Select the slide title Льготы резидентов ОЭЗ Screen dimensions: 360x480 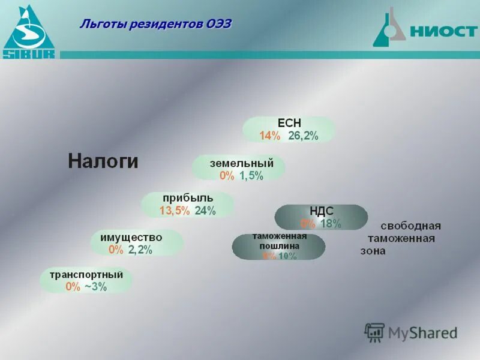(x=155, y=24)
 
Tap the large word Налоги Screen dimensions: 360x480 (x=103, y=161)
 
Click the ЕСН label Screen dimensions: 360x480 (x=289, y=123)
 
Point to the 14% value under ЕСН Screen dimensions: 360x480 (x=269, y=136)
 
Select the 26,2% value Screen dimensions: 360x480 (x=303, y=136)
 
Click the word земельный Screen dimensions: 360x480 (x=241, y=163)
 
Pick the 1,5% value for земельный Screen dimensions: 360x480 (x=251, y=176)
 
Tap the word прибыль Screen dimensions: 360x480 (x=187, y=197)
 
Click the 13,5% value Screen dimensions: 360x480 (x=174, y=211)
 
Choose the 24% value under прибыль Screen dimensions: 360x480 (x=205, y=211)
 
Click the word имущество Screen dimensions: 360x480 (x=135, y=237)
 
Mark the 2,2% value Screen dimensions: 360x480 (x=140, y=250)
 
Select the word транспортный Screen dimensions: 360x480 (x=86, y=275)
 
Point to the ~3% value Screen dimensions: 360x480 (x=95, y=287)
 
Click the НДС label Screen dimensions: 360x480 (x=321, y=211)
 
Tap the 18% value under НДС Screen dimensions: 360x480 (x=331, y=224)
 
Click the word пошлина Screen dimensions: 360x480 (x=278, y=245)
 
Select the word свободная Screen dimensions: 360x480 (x=410, y=226)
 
